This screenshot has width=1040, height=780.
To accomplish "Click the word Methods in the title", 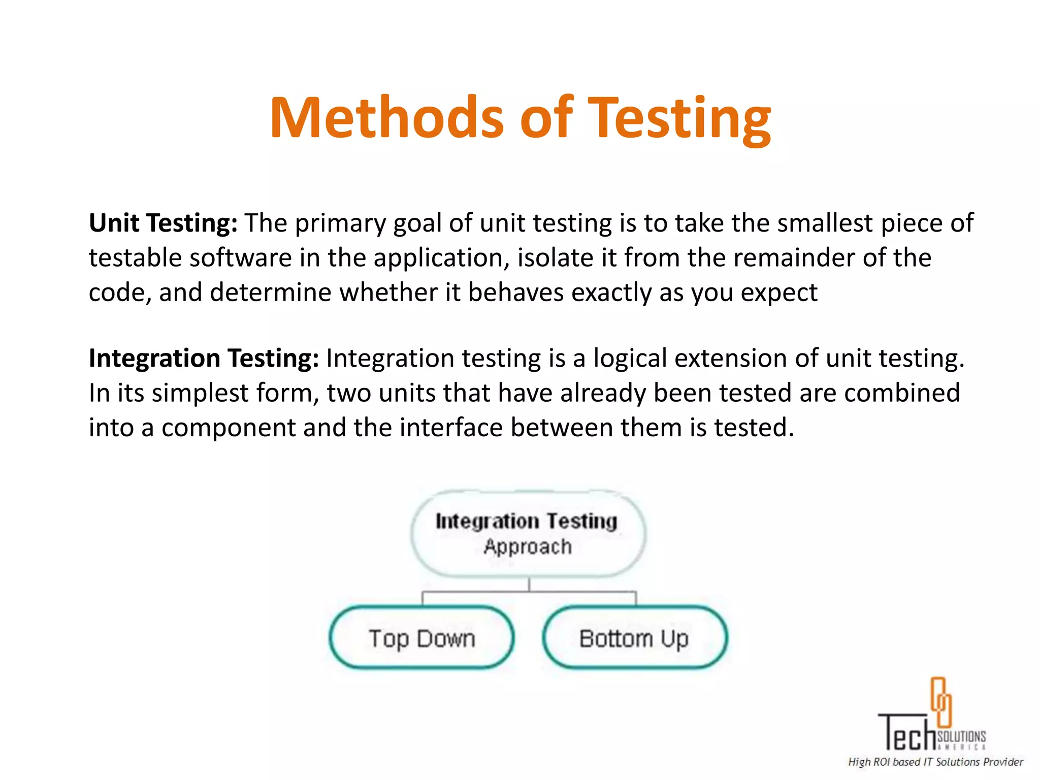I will tap(386, 118).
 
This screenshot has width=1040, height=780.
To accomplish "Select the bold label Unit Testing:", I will tap(163, 223).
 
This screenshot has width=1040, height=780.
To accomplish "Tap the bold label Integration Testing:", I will tap(204, 358).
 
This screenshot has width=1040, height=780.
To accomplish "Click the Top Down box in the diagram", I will tap(421, 638).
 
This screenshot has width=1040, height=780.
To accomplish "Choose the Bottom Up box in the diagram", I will tap(635, 638).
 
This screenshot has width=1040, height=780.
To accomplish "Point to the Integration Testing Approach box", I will tap(528, 534).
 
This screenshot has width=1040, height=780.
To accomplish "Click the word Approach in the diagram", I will tap(528, 547).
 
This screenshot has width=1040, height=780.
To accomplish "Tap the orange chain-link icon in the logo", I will tap(940, 702).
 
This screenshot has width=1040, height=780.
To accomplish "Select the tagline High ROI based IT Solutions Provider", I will tap(935, 762).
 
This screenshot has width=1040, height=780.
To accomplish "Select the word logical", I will tap(630, 358).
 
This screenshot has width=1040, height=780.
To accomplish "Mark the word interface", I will tap(451, 427).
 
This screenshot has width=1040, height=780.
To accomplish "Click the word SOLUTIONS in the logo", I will tap(961, 736).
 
